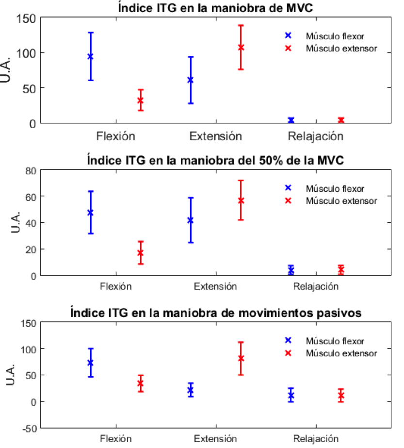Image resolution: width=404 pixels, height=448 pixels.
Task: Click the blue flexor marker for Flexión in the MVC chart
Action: point(90,56)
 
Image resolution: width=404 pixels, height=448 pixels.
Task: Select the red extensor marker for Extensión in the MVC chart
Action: point(241,48)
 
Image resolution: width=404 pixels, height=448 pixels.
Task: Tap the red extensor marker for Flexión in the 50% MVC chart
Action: point(140,252)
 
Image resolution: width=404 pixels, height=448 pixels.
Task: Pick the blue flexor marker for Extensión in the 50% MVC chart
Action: point(191,220)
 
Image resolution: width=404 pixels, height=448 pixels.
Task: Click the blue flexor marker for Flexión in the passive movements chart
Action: point(90,363)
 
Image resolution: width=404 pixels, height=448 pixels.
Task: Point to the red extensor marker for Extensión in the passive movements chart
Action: point(241,358)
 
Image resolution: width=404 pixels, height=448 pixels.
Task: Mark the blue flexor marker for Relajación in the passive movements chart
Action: point(291,395)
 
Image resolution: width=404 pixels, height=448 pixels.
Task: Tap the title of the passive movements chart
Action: point(215,313)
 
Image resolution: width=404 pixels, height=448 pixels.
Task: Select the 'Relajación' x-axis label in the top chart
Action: point(315,136)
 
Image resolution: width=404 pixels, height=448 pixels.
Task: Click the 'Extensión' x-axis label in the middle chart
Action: point(215,286)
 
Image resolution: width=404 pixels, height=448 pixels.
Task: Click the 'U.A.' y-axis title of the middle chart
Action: point(15,223)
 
